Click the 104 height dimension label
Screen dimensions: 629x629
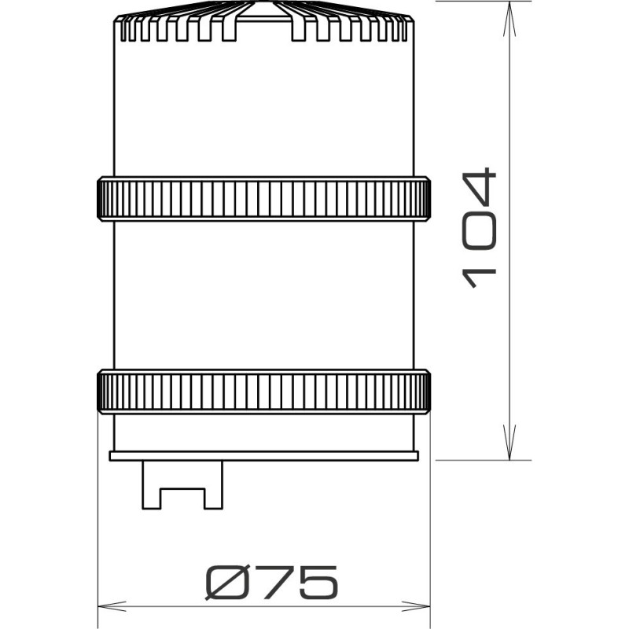pyautogui.click(x=480, y=228)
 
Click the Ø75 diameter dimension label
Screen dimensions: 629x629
pyautogui.click(x=271, y=583)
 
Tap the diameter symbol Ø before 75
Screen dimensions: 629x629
pyautogui.click(x=223, y=583)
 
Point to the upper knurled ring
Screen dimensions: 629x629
pyautogui.click(x=263, y=199)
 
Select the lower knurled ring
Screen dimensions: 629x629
pyautogui.click(x=263, y=391)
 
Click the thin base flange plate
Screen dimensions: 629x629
pyautogui.click(x=263, y=455)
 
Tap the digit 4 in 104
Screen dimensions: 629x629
pyautogui.click(x=480, y=186)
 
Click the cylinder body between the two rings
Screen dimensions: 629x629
pyautogui.click(x=263, y=295)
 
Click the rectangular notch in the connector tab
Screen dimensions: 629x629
pyautogui.click(x=182, y=498)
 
